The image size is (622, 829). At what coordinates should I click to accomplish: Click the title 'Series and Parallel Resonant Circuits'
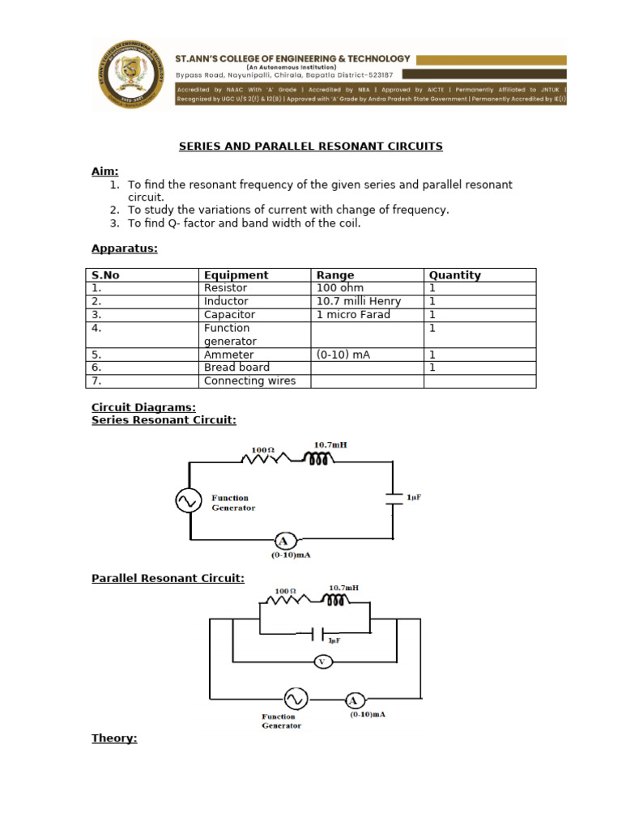tap(310, 147)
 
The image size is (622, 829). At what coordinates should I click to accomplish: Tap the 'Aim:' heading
tap(104, 172)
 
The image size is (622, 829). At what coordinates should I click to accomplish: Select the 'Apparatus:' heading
tap(124, 249)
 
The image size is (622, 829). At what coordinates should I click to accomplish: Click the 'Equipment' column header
tap(236, 275)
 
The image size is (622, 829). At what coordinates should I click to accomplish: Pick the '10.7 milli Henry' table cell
tap(358, 301)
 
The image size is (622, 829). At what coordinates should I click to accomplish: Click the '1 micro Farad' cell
tap(353, 314)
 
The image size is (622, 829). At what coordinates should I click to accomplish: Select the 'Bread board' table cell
tap(236, 368)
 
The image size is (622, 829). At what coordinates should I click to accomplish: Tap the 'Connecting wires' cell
tap(249, 380)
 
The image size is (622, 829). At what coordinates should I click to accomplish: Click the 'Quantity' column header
tap(454, 275)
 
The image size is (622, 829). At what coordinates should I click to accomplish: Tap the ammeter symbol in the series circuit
tap(283, 541)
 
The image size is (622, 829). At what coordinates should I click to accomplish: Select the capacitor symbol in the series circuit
tap(394, 498)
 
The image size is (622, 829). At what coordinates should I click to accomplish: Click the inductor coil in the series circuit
tap(317, 459)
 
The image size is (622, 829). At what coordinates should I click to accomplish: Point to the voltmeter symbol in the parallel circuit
tap(322, 661)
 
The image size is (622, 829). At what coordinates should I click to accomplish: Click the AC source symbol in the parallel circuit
tap(293, 697)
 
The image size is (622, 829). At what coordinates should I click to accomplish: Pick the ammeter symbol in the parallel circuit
tap(352, 700)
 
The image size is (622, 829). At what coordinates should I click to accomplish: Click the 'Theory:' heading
tap(114, 738)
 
